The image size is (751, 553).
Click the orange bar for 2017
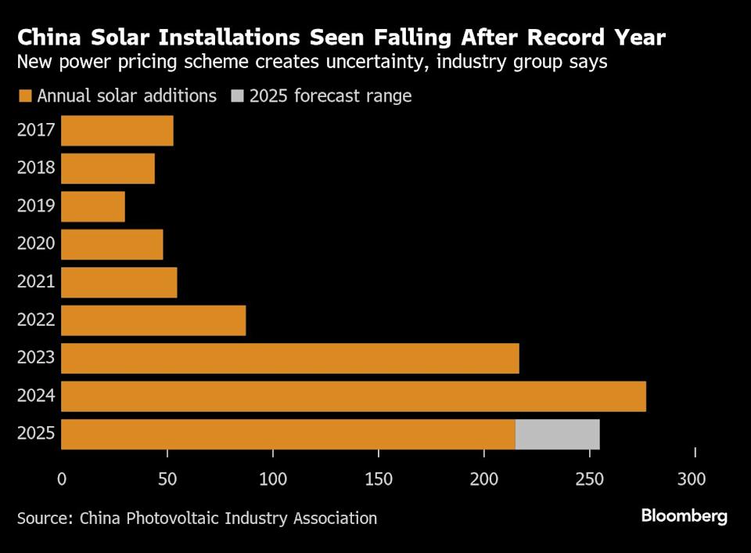tap(117, 130)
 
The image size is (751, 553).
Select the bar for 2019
tap(93, 206)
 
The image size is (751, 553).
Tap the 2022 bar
tap(153, 320)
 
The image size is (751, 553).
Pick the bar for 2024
tap(354, 396)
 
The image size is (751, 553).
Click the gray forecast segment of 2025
tap(557, 434)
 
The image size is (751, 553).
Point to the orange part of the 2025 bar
tap(288, 434)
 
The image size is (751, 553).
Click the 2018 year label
tap(36, 168)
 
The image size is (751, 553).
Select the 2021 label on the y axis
tap(36, 281)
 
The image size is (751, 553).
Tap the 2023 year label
tap(36, 358)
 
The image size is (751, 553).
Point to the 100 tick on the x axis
tap(273, 479)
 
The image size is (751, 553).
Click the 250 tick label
tap(590, 479)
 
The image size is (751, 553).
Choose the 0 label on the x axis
tap(62, 479)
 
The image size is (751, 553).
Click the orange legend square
tap(25, 96)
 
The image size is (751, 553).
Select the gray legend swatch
tap(237, 96)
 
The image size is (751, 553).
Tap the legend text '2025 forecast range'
tap(330, 96)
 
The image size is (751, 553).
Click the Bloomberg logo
tap(684, 516)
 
